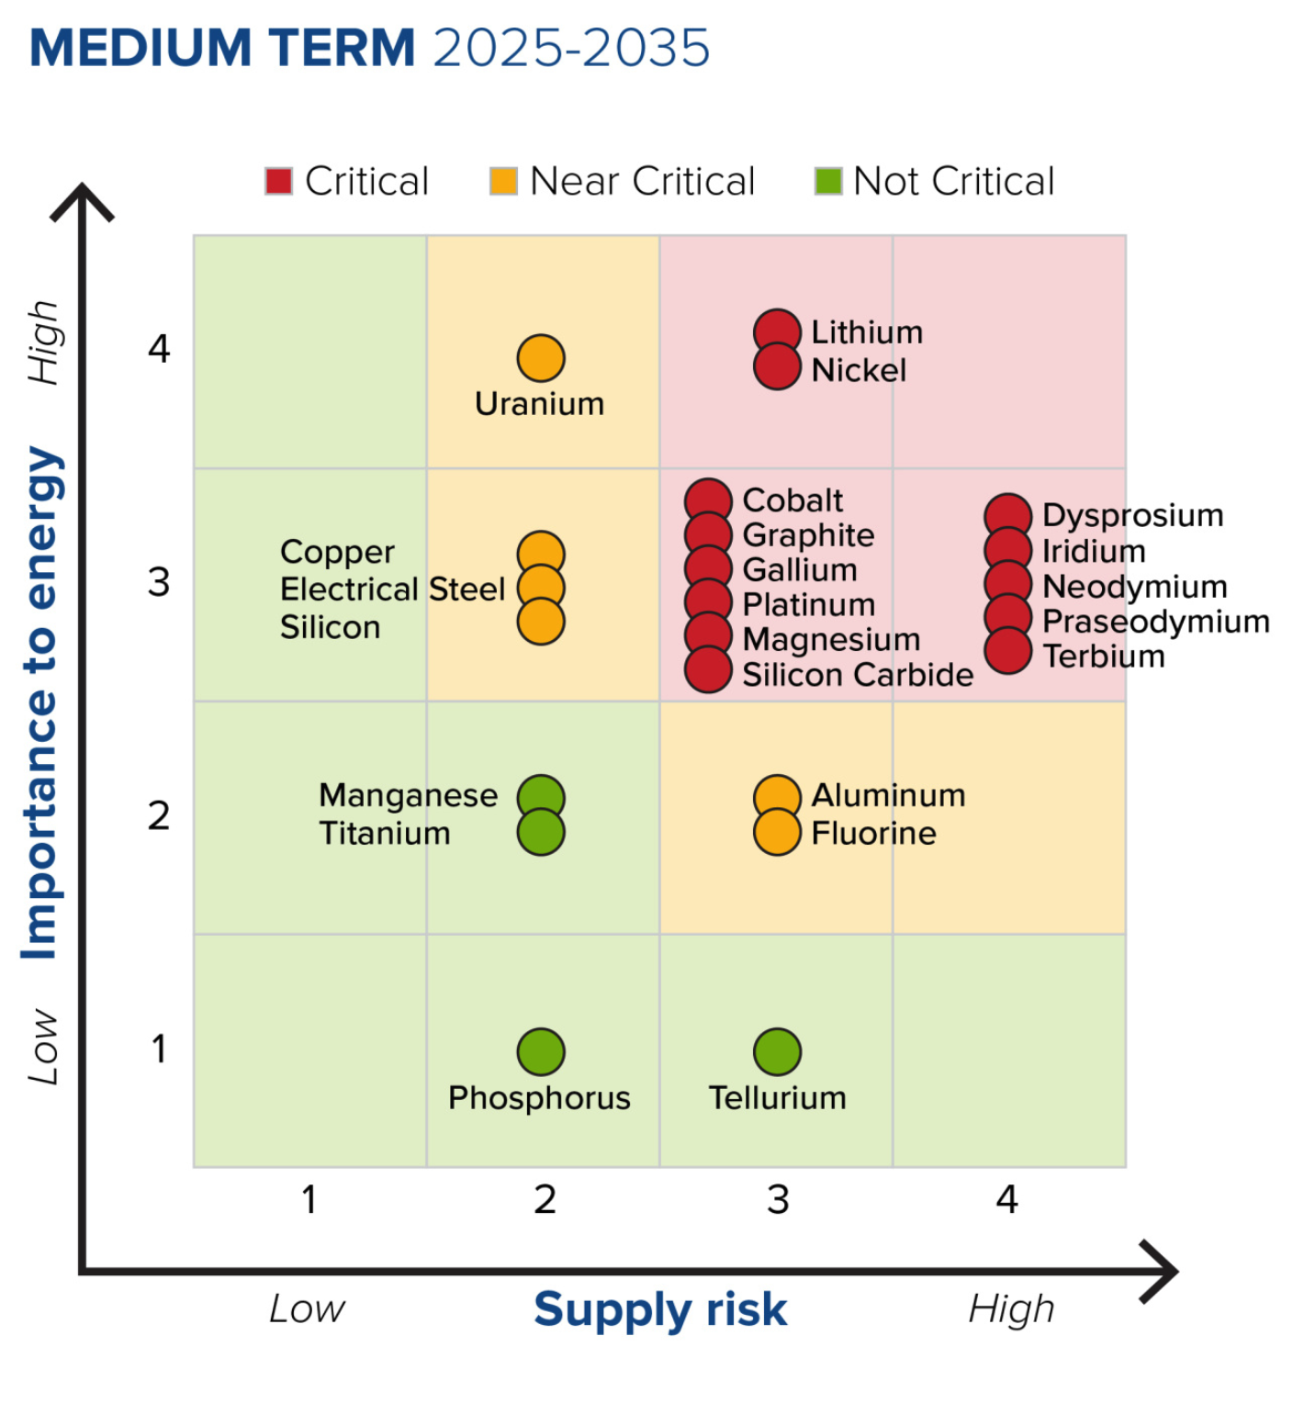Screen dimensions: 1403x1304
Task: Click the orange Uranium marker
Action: click(x=540, y=358)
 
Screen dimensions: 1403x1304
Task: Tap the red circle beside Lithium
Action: click(x=777, y=331)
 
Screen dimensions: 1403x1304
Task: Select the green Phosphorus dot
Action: click(x=540, y=1051)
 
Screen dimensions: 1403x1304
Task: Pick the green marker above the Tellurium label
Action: click(x=777, y=1051)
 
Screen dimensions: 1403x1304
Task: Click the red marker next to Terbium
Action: click(x=1007, y=651)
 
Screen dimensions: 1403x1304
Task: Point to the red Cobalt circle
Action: click(x=708, y=501)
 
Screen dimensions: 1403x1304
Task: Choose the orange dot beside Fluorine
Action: click(x=777, y=833)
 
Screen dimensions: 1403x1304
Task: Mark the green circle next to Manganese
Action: click(x=540, y=797)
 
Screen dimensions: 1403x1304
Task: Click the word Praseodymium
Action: click(x=1155, y=622)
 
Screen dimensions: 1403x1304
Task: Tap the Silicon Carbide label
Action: click(x=857, y=675)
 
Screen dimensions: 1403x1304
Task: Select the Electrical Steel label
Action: click(x=392, y=589)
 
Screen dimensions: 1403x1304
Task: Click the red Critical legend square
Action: click(x=278, y=181)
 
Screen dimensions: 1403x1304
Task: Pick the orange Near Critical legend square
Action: click(x=503, y=181)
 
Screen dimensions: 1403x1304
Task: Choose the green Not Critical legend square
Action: click(x=827, y=181)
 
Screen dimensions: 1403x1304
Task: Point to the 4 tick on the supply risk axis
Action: click(x=1007, y=1199)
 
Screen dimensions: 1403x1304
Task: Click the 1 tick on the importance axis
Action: click(x=159, y=1049)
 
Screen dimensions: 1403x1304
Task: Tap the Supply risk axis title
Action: click(x=660, y=1308)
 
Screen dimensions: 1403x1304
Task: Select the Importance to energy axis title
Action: click(x=41, y=702)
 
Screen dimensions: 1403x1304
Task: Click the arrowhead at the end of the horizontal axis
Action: click(x=1162, y=1272)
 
